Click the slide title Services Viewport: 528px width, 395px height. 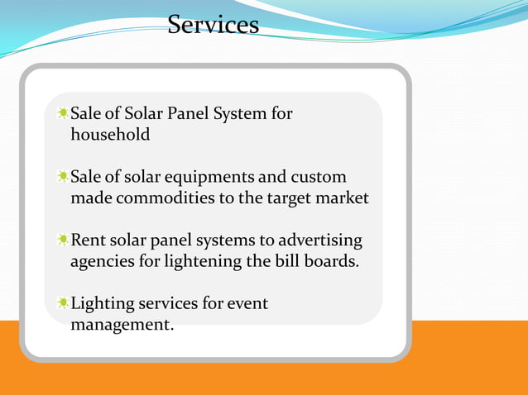click(x=213, y=24)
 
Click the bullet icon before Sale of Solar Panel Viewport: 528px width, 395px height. click(x=63, y=112)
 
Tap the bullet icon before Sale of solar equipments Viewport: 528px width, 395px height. click(x=63, y=177)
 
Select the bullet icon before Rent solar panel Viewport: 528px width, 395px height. click(x=63, y=240)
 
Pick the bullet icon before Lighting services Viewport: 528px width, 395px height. click(x=63, y=304)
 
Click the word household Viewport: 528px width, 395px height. click(x=110, y=134)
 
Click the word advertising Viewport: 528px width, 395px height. click(x=320, y=240)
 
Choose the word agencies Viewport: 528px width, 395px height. click(x=102, y=262)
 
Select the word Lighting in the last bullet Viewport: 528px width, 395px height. click(x=103, y=304)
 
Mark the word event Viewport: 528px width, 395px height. click(x=247, y=304)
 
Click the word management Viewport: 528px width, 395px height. click(x=122, y=325)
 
